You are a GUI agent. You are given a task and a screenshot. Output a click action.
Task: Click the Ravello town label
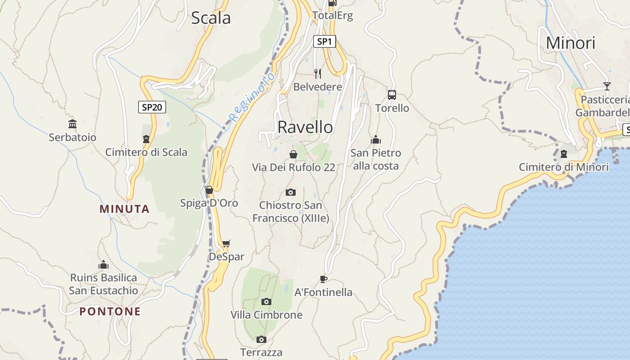305,127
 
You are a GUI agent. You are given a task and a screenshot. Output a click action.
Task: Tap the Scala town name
211,18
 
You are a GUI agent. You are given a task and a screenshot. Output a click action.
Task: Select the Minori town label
570,43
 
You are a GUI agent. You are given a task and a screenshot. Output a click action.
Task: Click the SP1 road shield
324,42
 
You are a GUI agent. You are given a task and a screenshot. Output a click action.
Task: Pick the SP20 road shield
152,107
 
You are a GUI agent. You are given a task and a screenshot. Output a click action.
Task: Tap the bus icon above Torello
392,95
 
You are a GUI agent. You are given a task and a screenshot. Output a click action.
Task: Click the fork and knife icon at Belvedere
318,73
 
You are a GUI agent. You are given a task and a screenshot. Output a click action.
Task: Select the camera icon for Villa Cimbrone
266,301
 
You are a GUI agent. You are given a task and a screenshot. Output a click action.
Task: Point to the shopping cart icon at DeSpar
226,244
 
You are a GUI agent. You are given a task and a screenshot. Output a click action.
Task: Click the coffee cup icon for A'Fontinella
323,279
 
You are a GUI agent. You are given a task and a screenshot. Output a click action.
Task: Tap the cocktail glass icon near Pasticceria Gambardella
607,86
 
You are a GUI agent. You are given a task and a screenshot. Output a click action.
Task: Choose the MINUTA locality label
125,209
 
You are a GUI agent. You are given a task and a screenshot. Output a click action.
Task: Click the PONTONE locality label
110,311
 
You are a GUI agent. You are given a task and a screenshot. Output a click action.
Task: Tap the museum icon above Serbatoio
72,124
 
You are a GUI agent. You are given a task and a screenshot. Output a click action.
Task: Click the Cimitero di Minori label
563,167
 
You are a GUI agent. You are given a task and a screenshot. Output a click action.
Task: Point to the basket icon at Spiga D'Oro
209,190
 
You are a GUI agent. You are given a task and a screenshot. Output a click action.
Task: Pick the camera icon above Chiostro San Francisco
291,193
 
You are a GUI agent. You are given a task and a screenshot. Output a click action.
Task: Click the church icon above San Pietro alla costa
376,140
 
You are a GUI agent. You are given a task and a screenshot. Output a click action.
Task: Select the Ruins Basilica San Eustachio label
103,284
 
